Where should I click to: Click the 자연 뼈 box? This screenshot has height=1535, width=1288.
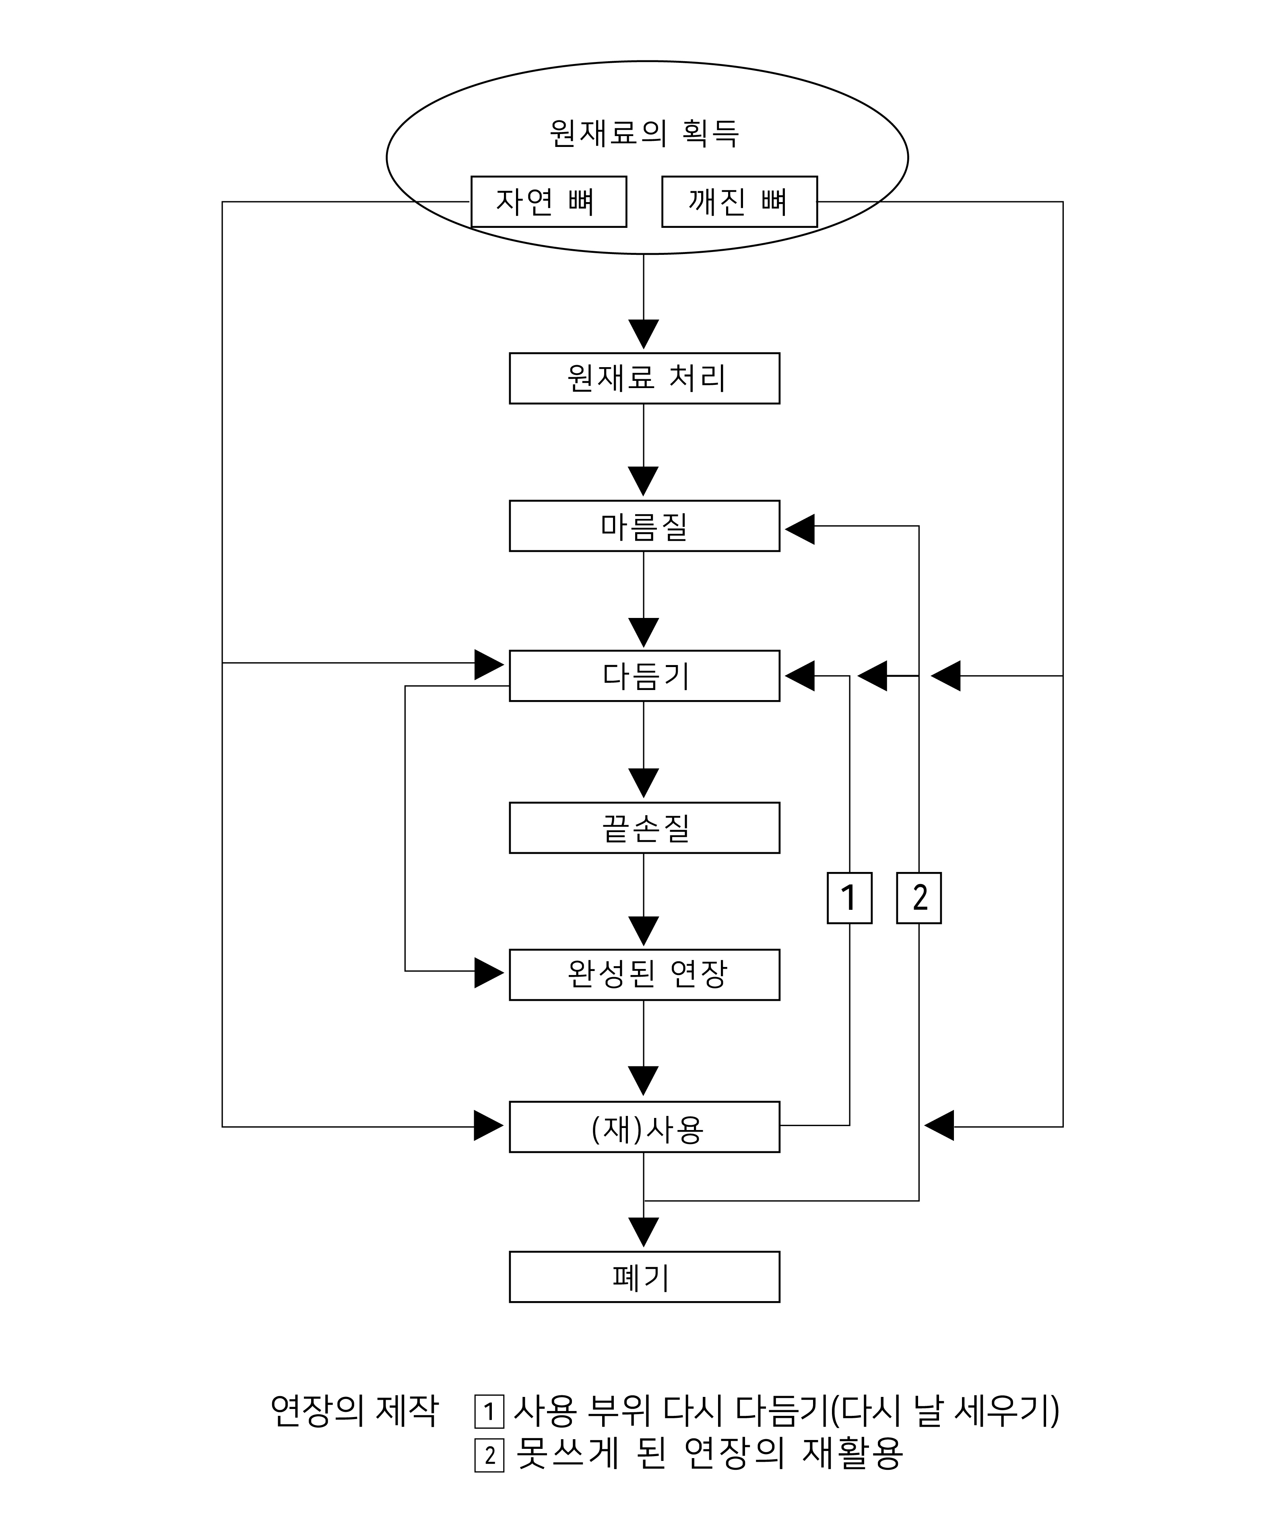pos(548,202)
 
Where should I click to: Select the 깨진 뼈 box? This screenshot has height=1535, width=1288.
pos(739,202)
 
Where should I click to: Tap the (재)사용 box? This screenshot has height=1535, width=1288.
pos(644,1127)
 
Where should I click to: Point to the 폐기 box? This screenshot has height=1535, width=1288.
pos(644,1277)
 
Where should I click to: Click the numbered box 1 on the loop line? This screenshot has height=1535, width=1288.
pos(849,898)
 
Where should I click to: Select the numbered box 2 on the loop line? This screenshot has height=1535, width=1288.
pos(919,898)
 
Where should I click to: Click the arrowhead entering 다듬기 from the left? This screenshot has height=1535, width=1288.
pos(489,664)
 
